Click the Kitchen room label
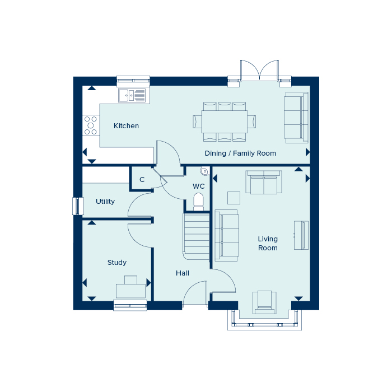coord(126,126)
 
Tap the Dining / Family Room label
coord(240,153)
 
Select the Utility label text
coord(105,202)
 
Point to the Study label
coord(117,263)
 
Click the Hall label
coord(183,273)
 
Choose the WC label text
coord(199,186)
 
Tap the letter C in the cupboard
coord(142,180)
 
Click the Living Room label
coord(268,243)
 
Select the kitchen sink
coord(132,96)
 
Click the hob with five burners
coord(91,125)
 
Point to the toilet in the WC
coord(199,202)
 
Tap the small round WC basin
coord(204,171)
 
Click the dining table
coord(225,122)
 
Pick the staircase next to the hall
coord(196,236)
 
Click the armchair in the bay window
coord(264,302)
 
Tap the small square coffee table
coord(234,198)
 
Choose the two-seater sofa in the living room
coord(264,182)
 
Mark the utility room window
coord(78,206)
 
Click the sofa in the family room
coord(296,118)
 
